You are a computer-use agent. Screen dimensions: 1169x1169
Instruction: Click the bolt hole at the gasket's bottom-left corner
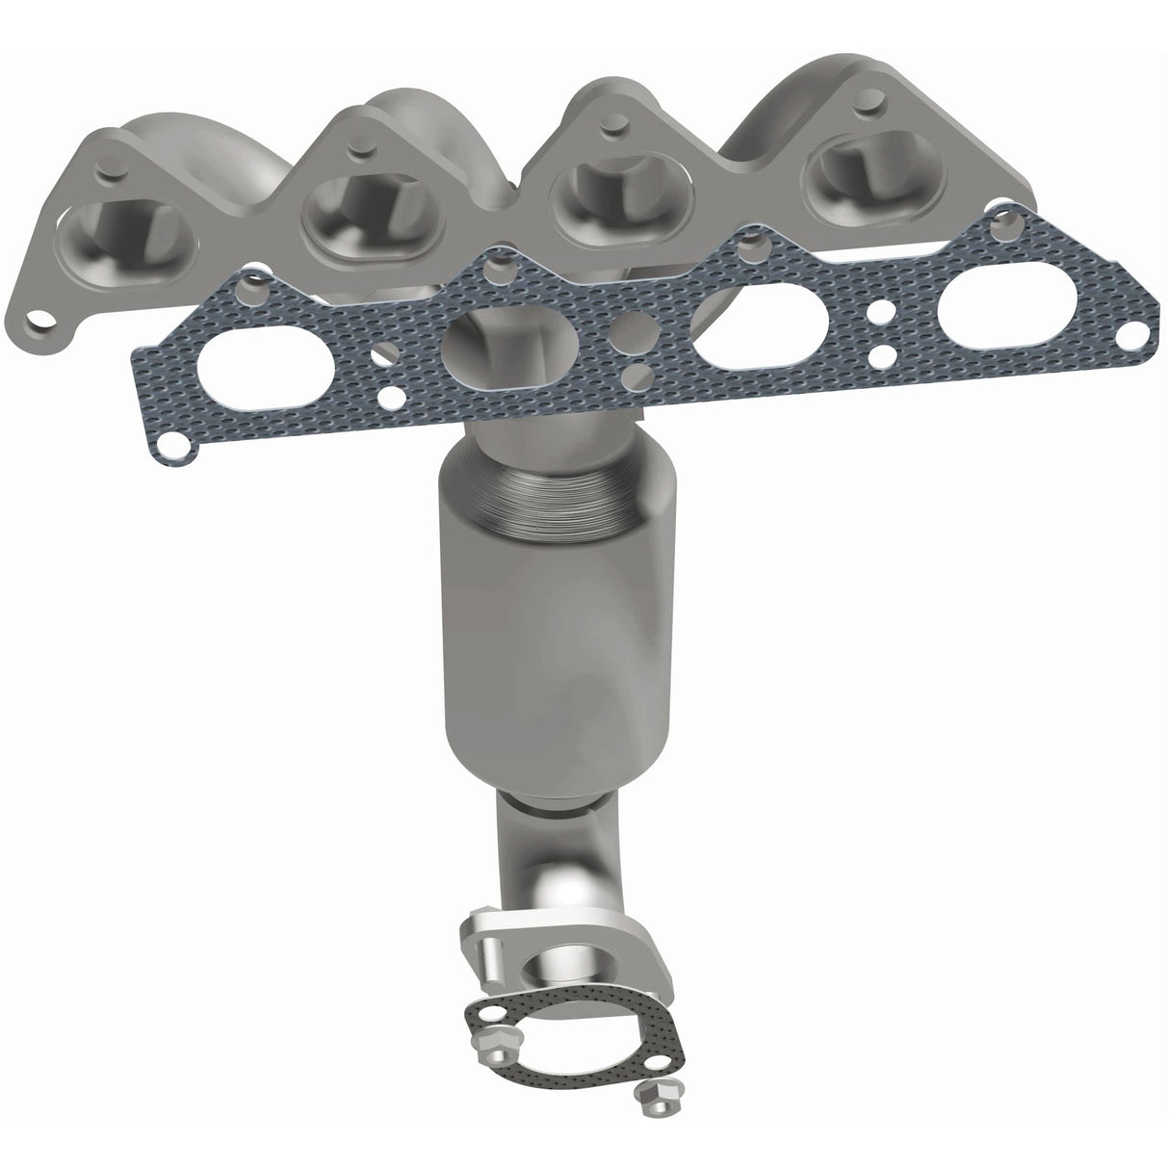pos(174,444)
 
